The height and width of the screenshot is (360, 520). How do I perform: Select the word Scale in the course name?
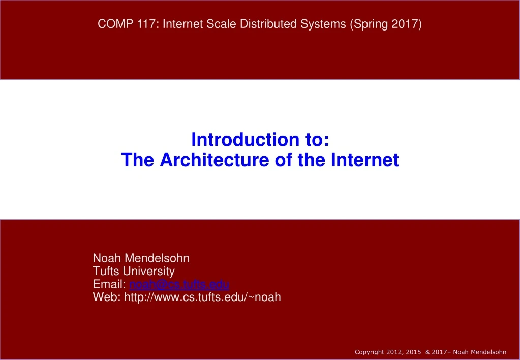click(220, 24)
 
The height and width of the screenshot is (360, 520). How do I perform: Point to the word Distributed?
click(264, 24)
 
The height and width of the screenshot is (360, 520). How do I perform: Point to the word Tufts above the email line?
click(107, 271)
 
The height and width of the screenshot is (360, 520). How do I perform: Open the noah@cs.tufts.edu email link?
click(179, 284)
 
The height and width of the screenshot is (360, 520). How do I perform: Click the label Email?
click(109, 284)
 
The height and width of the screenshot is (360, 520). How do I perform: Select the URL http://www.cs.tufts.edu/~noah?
click(202, 297)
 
